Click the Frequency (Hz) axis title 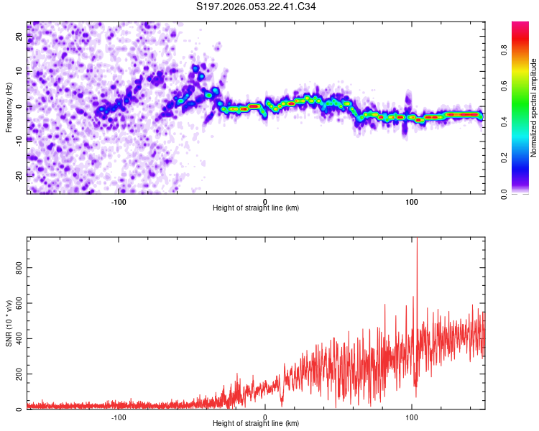(x=9, y=107)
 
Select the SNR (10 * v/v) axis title (x=9, y=323)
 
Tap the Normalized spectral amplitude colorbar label (x=534, y=107)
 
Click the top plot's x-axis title (x=256, y=208)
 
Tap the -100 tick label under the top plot (x=119, y=200)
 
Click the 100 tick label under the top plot (x=412, y=200)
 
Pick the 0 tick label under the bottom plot (x=265, y=417)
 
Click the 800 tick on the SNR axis (x=16, y=267)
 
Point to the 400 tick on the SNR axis (x=16, y=338)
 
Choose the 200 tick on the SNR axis (x=16, y=374)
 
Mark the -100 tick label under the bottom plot (x=119, y=417)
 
